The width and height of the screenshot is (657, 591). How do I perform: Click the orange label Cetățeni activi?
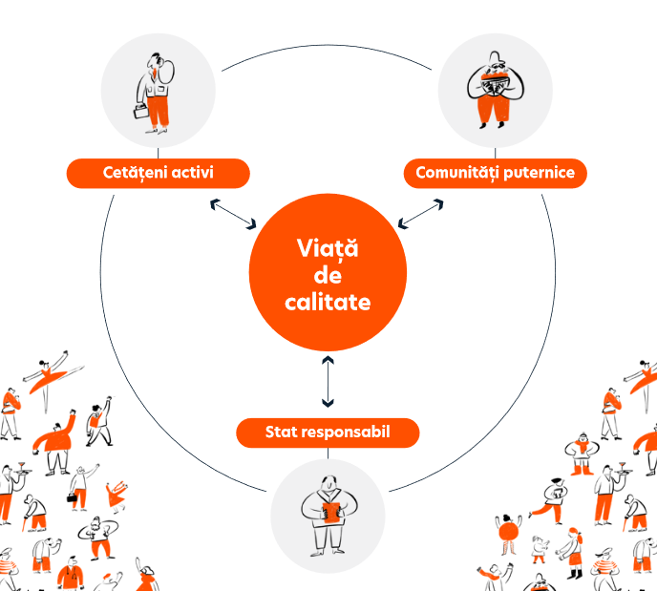click(158, 173)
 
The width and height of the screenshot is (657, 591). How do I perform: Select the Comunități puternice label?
click(495, 173)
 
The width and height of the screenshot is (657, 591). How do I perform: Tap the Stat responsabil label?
click(328, 433)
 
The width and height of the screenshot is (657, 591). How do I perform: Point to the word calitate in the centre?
click(328, 302)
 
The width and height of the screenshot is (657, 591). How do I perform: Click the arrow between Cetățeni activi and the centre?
click(233, 214)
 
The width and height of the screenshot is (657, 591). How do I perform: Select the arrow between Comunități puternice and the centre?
click(421, 214)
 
